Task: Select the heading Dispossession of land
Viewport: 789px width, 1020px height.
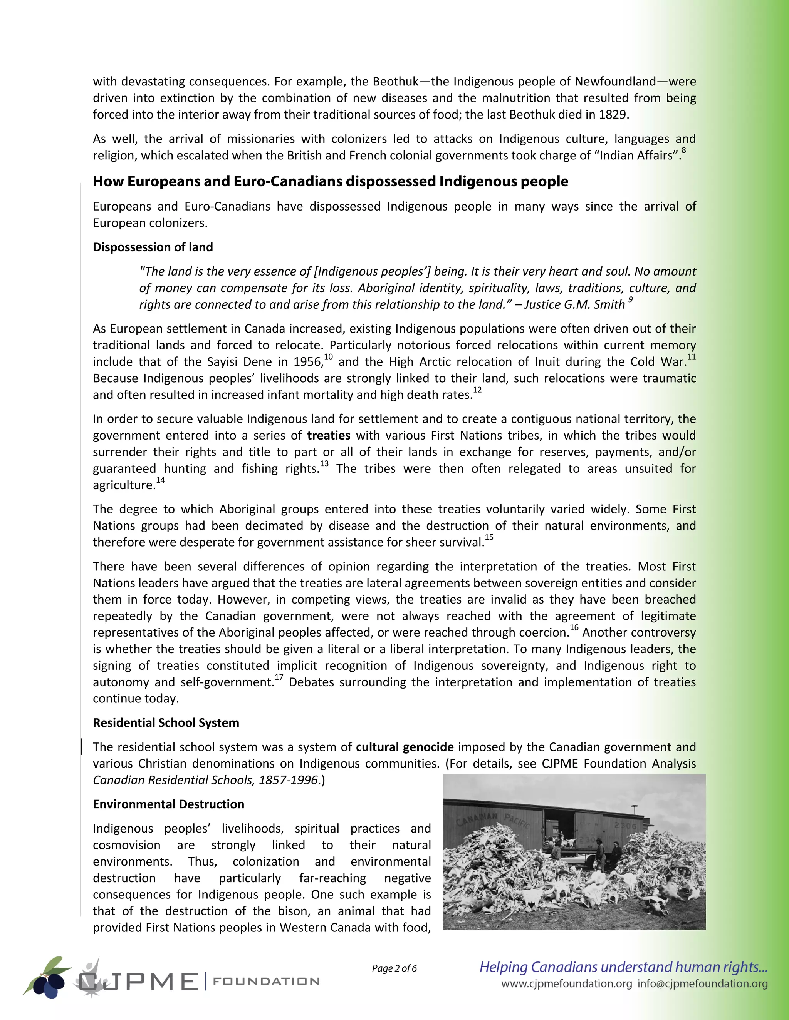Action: (153, 247)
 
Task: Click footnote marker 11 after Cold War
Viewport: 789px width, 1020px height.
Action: (691, 357)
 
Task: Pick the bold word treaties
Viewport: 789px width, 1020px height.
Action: (329, 436)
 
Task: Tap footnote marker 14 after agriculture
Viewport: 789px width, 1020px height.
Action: (160, 480)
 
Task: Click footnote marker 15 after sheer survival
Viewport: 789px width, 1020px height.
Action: (489, 538)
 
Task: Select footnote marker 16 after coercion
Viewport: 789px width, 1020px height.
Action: (574, 628)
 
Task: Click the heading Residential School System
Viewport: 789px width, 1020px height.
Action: (166, 723)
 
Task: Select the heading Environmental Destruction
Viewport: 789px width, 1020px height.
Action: (168, 804)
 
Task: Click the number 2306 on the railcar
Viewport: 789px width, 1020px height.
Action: (625, 826)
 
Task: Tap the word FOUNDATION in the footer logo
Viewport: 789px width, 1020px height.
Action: (266, 981)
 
